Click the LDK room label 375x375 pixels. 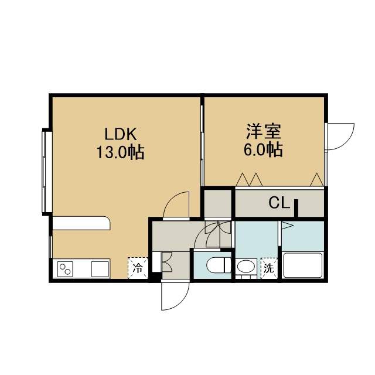tap(121, 134)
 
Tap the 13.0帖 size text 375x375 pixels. tap(121, 152)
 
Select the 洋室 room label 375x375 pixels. tap(264, 131)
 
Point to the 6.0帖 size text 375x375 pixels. tap(263, 150)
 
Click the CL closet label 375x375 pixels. tap(279, 203)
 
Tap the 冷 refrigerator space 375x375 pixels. tap(138, 268)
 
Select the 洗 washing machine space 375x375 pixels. tap(269, 268)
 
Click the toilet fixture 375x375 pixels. tap(219, 265)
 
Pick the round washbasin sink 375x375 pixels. tap(246, 266)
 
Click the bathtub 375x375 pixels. tap(303, 265)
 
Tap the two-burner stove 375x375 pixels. tap(65, 269)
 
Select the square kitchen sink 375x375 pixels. tap(100, 269)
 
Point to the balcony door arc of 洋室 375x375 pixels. tap(347, 141)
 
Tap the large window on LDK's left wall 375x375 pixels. tap(45, 172)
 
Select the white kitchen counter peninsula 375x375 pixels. tap(81, 223)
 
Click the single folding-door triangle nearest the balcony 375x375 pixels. tap(317, 180)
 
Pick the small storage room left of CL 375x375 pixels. tap(217, 203)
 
